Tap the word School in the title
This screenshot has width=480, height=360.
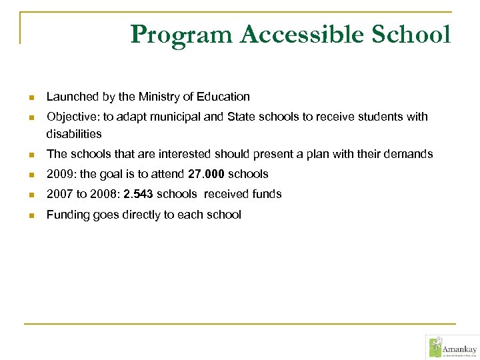pos(411,33)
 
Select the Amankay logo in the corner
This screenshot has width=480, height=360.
pos(452,347)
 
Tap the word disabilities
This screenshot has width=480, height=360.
pos(74,134)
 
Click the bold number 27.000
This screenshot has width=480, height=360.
pos(207,174)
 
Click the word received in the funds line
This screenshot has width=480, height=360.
pos(225,194)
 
